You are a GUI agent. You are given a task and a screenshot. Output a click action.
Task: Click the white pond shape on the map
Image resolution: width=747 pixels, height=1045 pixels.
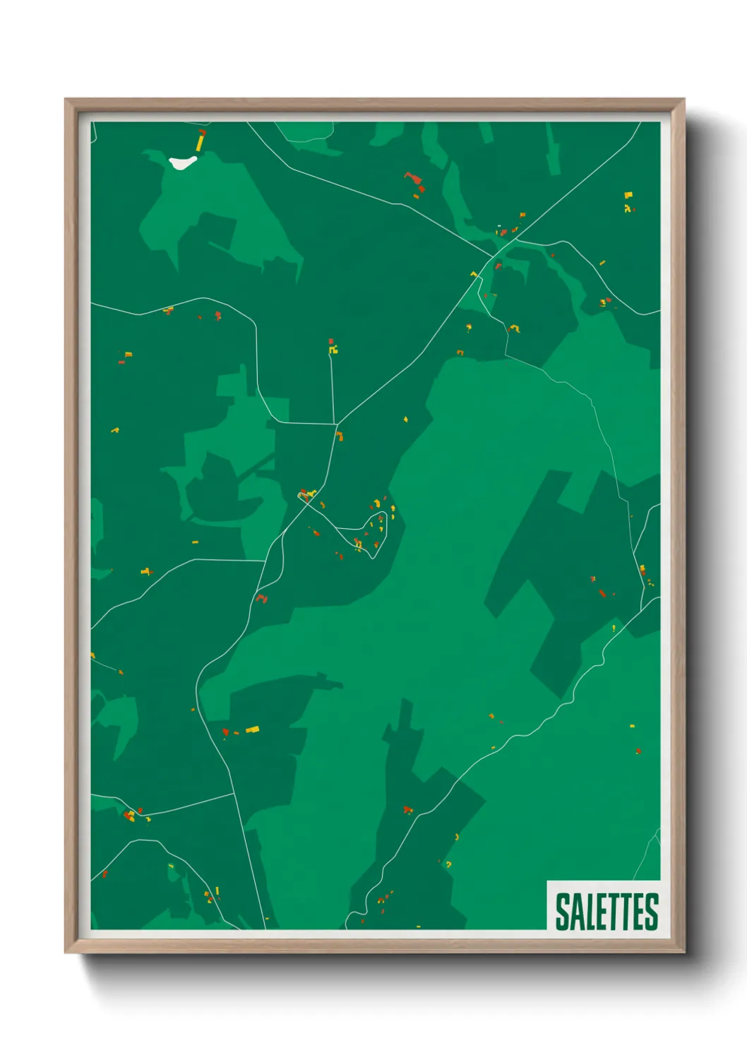click(x=181, y=162)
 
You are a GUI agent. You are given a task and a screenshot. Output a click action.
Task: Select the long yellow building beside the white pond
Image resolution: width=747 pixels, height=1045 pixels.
click(x=200, y=143)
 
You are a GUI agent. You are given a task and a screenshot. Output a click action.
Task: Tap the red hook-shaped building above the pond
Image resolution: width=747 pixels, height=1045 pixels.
click(x=203, y=131)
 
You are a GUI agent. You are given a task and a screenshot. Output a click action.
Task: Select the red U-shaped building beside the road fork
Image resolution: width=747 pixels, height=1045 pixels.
click(x=262, y=599)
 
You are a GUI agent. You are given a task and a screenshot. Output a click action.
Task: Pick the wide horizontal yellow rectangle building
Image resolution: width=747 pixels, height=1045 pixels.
click(x=252, y=729)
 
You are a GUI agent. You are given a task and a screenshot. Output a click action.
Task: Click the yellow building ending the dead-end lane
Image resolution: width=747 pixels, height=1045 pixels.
click(x=333, y=348)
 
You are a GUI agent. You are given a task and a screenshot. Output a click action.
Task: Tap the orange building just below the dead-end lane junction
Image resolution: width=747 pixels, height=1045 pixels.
click(x=340, y=436)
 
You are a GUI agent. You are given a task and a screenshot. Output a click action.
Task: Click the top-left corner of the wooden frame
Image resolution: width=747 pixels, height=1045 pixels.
click(x=66, y=100)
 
